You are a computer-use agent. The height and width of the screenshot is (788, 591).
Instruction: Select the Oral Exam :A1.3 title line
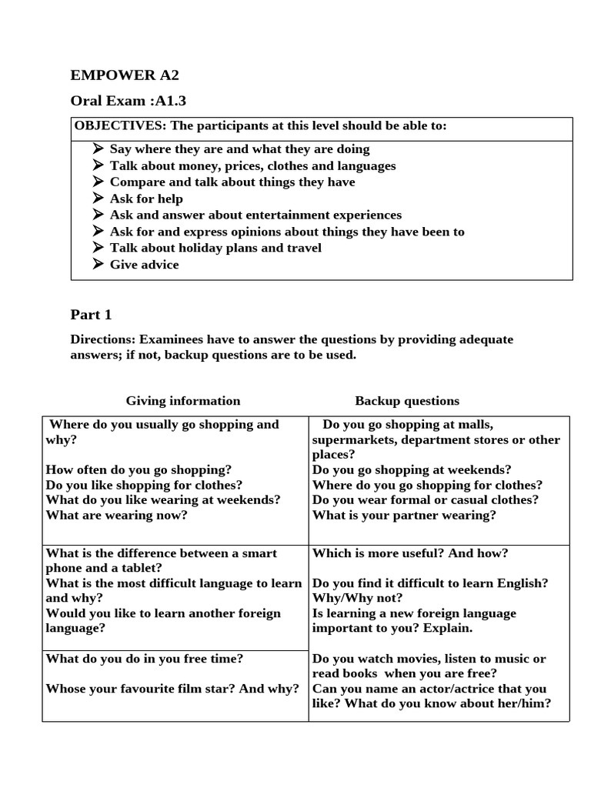pyautogui.click(x=129, y=101)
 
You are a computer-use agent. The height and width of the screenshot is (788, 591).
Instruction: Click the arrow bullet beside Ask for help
pyautogui.click(x=98, y=199)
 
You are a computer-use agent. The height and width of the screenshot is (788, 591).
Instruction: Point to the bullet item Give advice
pyautogui.click(x=144, y=265)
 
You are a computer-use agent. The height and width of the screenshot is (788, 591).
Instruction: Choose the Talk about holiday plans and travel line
pyautogui.click(x=215, y=248)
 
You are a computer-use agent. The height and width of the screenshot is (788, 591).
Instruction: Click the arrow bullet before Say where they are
pyautogui.click(x=98, y=149)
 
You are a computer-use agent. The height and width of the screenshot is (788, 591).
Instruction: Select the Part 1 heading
pyautogui.click(x=91, y=315)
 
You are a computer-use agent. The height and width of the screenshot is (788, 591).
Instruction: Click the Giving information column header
pyautogui.click(x=183, y=401)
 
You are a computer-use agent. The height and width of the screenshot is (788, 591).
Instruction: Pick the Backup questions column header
pyautogui.click(x=407, y=401)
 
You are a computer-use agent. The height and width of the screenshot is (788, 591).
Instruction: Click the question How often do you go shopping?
pyautogui.click(x=139, y=469)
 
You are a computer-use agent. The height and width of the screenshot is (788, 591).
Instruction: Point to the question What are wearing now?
pyautogui.click(x=116, y=516)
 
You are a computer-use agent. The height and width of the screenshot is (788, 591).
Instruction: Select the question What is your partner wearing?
pyautogui.click(x=404, y=516)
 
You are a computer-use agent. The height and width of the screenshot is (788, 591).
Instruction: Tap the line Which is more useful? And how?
pyautogui.click(x=410, y=553)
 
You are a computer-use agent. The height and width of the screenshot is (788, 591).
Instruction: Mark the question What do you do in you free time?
pyautogui.click(x=145, y=659)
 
